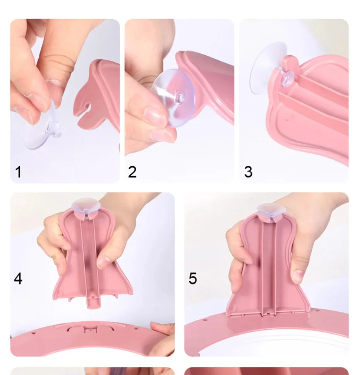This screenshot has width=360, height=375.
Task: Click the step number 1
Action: [x=18, y=172]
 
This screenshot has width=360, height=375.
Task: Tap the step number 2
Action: [x=132, y=172]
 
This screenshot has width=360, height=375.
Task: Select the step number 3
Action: [x=249, y=172]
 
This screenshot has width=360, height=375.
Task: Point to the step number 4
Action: [x=18, y=279]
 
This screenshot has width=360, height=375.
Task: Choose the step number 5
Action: [x=193, y=279]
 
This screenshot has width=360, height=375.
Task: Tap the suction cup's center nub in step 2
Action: [x=179, y=97]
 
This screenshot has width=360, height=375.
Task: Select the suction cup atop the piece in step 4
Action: [x=86, y=205]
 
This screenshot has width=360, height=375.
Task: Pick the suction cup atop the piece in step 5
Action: [x=271, y=209]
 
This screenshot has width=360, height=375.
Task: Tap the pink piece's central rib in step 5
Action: [x=269, y=268]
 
